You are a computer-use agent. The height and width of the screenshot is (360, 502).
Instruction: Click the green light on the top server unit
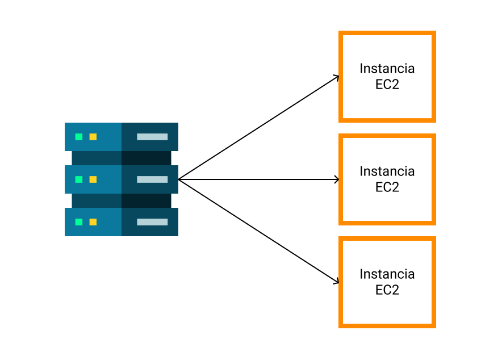coord(79,137)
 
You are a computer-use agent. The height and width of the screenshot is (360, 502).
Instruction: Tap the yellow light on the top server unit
coord(93,137)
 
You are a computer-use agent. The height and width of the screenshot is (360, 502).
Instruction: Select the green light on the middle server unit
coord(79,179)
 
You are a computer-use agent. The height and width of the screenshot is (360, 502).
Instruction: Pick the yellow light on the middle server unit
coord(93,179)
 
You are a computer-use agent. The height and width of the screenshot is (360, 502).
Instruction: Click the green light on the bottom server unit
coord(79,222)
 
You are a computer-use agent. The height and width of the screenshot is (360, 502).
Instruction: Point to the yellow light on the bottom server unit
coord(93,222)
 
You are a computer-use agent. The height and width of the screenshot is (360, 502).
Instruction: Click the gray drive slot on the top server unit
coord(152,137)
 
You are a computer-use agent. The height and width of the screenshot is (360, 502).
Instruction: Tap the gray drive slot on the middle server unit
coord(152,179)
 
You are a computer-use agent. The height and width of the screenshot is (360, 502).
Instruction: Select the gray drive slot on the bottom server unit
coord(152,222)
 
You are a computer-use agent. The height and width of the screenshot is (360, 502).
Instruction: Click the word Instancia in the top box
coord(387,69)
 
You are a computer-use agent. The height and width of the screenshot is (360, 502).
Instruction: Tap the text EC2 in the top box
coord(387,85)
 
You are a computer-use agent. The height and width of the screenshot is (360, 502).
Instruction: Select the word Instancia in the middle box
coord(387,171)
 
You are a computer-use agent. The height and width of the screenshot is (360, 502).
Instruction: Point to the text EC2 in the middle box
coord(387,187)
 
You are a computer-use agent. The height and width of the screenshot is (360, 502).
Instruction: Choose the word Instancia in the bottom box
coord(387,274)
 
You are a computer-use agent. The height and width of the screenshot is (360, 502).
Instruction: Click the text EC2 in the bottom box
coord(387,290)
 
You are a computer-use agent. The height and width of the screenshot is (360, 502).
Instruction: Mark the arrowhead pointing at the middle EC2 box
coord(337,179)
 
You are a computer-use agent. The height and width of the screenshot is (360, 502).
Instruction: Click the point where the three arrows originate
coord(179,179)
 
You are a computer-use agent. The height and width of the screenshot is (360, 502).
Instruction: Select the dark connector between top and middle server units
coord(122,158)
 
